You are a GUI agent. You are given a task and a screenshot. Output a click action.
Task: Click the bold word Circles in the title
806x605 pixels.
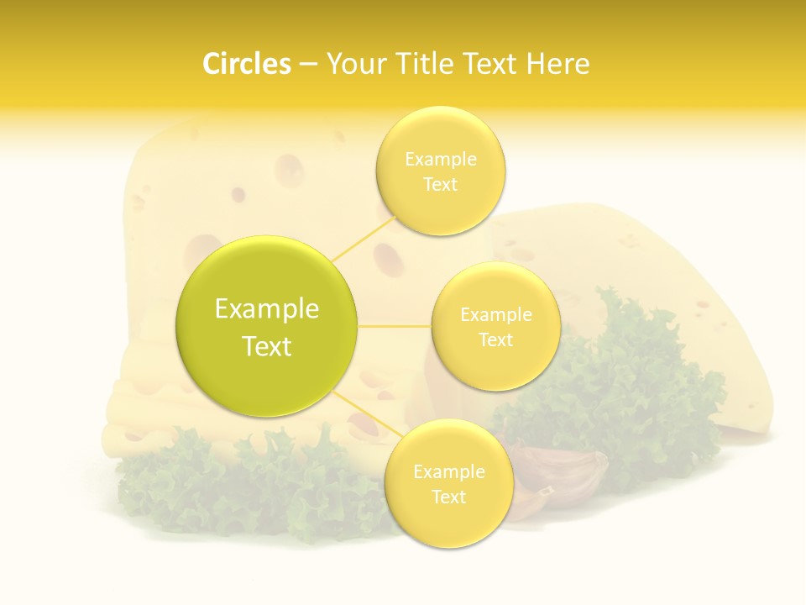click(x=247, y=64)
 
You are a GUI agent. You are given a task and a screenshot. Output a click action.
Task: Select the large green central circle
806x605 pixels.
click(x=267, y=326)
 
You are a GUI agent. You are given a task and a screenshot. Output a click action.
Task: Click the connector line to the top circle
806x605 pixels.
click(x=363, y=238)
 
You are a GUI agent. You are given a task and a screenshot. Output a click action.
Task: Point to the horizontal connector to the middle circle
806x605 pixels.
click(x=395, y=326)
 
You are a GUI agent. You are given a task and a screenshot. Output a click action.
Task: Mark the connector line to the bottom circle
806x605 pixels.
click(x=369, y=416)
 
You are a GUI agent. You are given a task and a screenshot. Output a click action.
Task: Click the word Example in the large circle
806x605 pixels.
click(x=267, y=309)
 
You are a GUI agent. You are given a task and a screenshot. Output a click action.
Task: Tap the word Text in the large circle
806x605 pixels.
click(x=267, y=346)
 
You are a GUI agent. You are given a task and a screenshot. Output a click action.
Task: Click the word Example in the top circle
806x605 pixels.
click(x=440, y=160)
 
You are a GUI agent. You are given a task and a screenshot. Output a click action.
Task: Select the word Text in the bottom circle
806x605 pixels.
click(x=448, y=497)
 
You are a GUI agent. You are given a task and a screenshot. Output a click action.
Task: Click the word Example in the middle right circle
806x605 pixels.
click(x=495, y=315)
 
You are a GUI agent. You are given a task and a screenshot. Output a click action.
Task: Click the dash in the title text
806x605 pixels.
click(x=308, y=64)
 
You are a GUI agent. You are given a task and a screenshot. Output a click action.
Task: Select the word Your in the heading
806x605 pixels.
click(x=355, y=64)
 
